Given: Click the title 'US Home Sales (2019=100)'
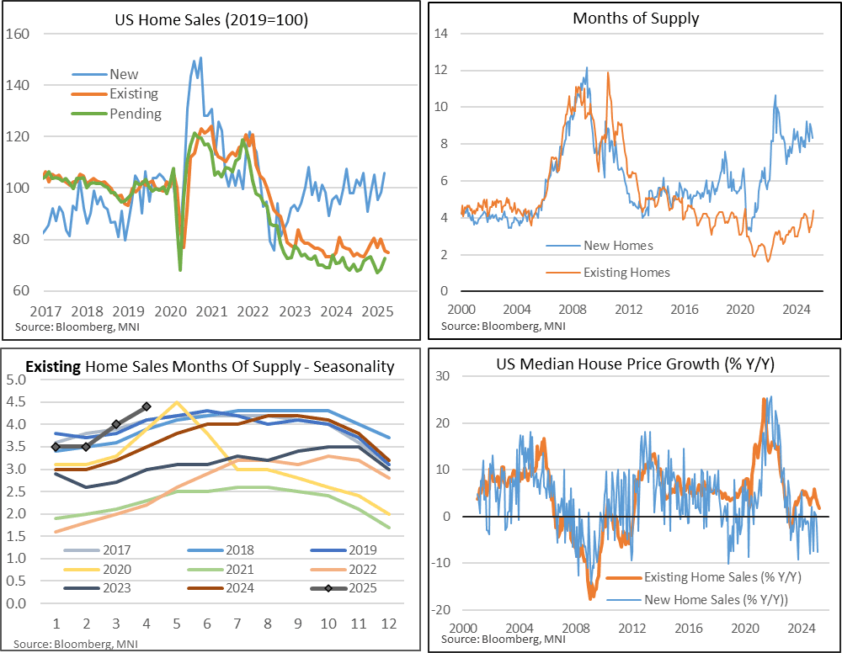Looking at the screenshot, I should pyautogui.click(x=211, y=19).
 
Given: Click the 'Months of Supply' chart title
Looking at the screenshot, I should pyautogui.click(x=635, y=18).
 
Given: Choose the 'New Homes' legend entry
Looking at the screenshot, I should pyautogui.click(x=619, y=246).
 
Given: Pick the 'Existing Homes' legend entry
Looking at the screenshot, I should pyautogui.click(x=626, y=272).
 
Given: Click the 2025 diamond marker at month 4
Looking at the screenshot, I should pyautogui.click(x=147, y=406).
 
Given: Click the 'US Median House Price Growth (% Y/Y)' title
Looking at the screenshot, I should pyautogui.click(x=635, y=368).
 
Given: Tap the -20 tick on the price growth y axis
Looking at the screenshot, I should pyautogui.click(x=442, y=610).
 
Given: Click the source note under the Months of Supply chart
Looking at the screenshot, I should pyautogui.click(x=503, y=326).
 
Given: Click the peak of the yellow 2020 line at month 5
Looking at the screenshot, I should pyautogui.click(x=176, y=401).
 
